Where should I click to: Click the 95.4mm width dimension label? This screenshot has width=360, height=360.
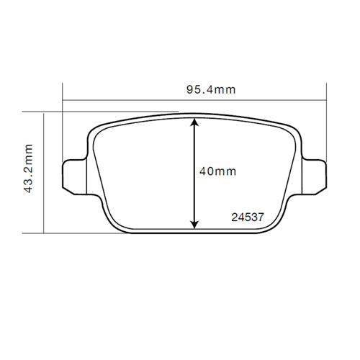click(x=212, y=90)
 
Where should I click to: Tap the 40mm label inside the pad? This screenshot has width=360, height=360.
click(x=217, y=171)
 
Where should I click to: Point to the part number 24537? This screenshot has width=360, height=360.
click(x=246, y=216)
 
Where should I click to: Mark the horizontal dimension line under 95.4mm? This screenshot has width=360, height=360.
click(x=144, y=101)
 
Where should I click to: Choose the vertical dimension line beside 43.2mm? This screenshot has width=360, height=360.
click(x=44, y=209)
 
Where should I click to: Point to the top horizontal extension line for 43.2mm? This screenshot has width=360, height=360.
click(x=101, y=112)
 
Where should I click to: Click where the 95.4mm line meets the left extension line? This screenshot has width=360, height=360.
click(x=63, y=101)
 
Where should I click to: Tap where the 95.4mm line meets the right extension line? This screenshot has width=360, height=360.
click(x=327, y=101)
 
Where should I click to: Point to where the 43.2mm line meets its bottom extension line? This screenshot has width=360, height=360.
click(x=44, y=233)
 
